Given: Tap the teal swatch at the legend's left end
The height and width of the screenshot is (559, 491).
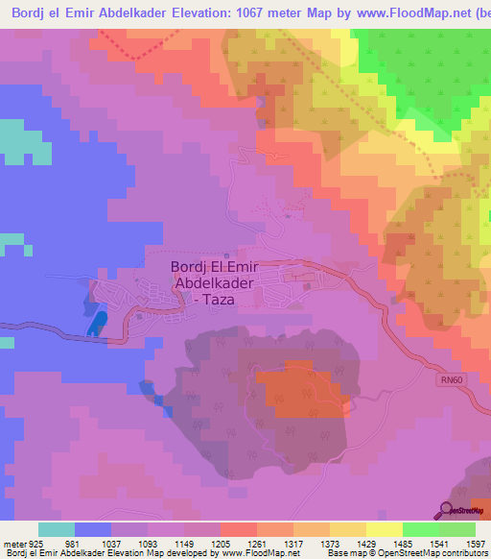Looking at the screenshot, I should tap(57, 529).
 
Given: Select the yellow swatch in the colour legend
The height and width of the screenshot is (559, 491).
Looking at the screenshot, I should tap(385, 529).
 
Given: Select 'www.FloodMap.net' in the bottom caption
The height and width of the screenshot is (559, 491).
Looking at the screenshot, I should tap(251, 553).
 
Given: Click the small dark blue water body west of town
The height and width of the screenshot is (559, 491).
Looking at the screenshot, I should tap(97, 321).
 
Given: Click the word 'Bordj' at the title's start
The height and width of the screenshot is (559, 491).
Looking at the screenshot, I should tap(26, 13).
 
